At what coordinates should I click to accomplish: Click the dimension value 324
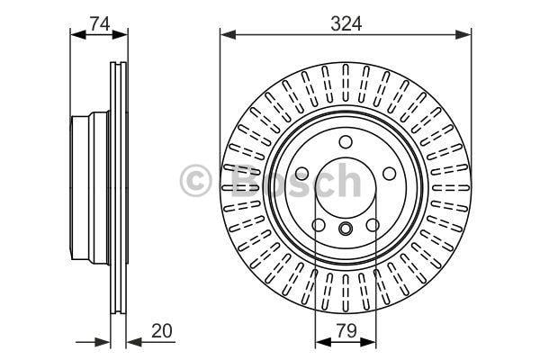[346, 24]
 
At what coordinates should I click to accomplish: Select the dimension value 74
[100, 23]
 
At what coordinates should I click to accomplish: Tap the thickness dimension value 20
[161, 330]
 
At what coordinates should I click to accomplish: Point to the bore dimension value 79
[346, 330]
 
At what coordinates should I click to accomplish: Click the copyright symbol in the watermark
[195, 180]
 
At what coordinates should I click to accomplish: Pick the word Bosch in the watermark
[295, 180]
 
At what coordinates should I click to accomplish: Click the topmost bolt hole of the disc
[346, 141]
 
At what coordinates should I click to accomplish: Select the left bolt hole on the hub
[302, 174]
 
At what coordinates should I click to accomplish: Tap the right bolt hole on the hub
[389, 174]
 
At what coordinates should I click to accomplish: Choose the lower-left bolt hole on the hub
[319, 225]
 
